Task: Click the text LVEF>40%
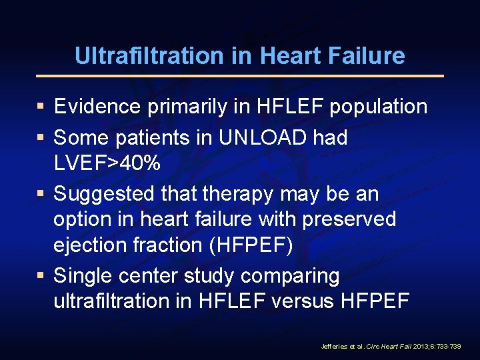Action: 107,163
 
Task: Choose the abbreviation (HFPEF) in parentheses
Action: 251,245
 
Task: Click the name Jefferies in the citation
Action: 333,347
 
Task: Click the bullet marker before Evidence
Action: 41,106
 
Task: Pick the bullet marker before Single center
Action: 41,275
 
